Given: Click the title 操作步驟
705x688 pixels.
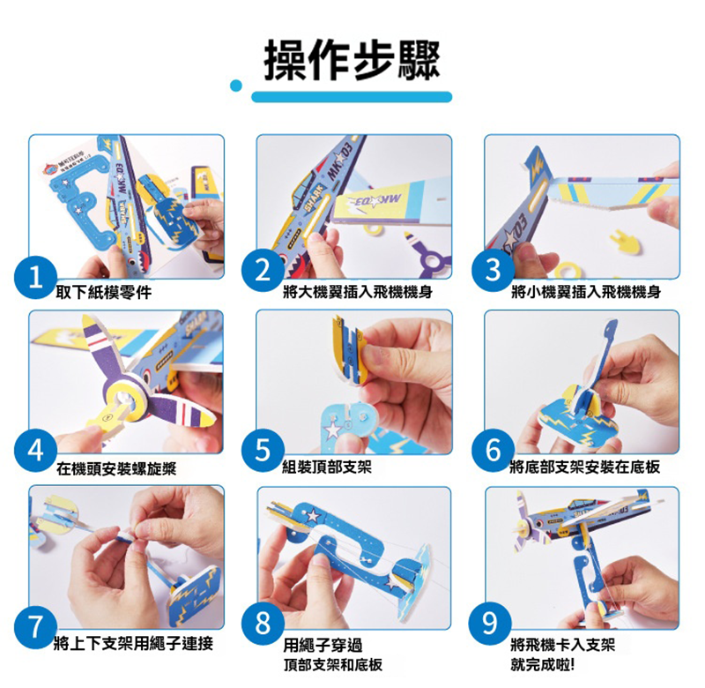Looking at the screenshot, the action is click(x=351, y=61).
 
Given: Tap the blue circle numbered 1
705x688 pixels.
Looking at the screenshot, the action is click(x=35, y=278).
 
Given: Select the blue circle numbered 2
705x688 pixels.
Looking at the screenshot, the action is click(x=263, y=270).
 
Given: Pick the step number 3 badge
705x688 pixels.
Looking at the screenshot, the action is click(x=493, y=270).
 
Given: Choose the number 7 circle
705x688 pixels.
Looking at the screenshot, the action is click(x=35, y=626).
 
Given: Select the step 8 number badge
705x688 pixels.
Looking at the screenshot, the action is click(x=263, y=624).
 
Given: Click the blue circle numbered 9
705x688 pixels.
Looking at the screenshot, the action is click(x=490, y=624).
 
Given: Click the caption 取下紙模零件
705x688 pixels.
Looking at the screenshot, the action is click(x=104, y=293).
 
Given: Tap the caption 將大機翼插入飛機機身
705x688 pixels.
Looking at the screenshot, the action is click(x=358, y=292).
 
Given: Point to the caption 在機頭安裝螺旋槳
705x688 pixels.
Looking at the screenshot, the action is click(x=116, y=469).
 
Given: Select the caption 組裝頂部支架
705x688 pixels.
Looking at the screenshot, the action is click(x=327, y=467).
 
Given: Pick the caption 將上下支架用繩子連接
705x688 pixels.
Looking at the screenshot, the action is click(x=133, y=644).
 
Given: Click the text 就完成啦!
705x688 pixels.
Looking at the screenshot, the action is click(x=542, y=664).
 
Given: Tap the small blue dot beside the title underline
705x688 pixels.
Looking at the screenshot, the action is click(x=236, y=86).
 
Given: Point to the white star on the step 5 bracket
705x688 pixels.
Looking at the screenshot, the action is click(x=334, y=430).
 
